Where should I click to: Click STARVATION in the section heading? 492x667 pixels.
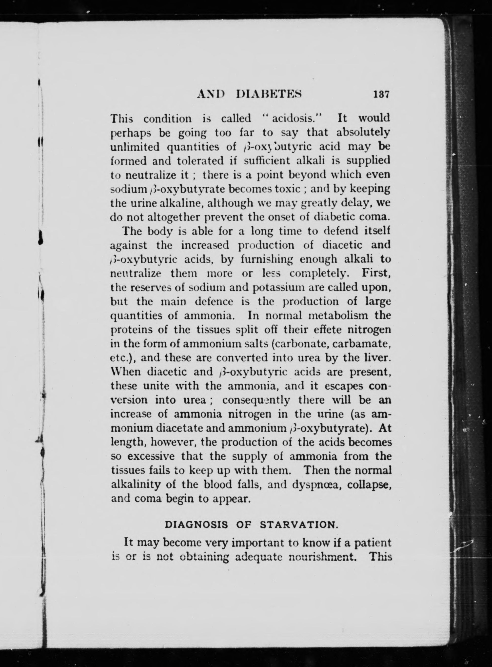pos(299,525)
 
